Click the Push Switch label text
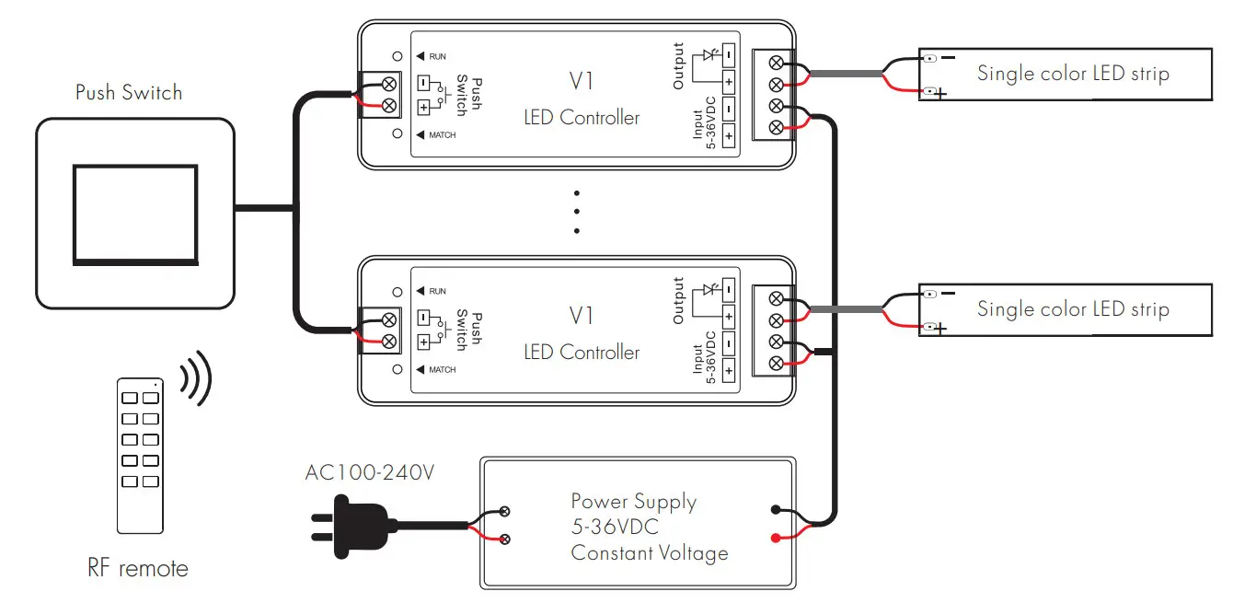tap(129, 92)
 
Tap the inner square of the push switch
tap(134, 214)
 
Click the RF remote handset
tap(140, 455)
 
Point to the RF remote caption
tap(138, 569)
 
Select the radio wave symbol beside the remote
tap(196, 378)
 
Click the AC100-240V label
tap(369, 473)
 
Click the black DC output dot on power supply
tap(777, 509)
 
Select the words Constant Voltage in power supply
tap(649, 553)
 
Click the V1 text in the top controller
tap(582, 81)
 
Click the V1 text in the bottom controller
tap(582, 316)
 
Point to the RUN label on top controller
tap(437, 57)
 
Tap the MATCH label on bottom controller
tap(442, 370)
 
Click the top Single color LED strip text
tap(1073, 74)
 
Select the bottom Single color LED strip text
tap(1073, 309)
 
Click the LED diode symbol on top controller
tap(709, 55)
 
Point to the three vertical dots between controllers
tap(577, 213)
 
